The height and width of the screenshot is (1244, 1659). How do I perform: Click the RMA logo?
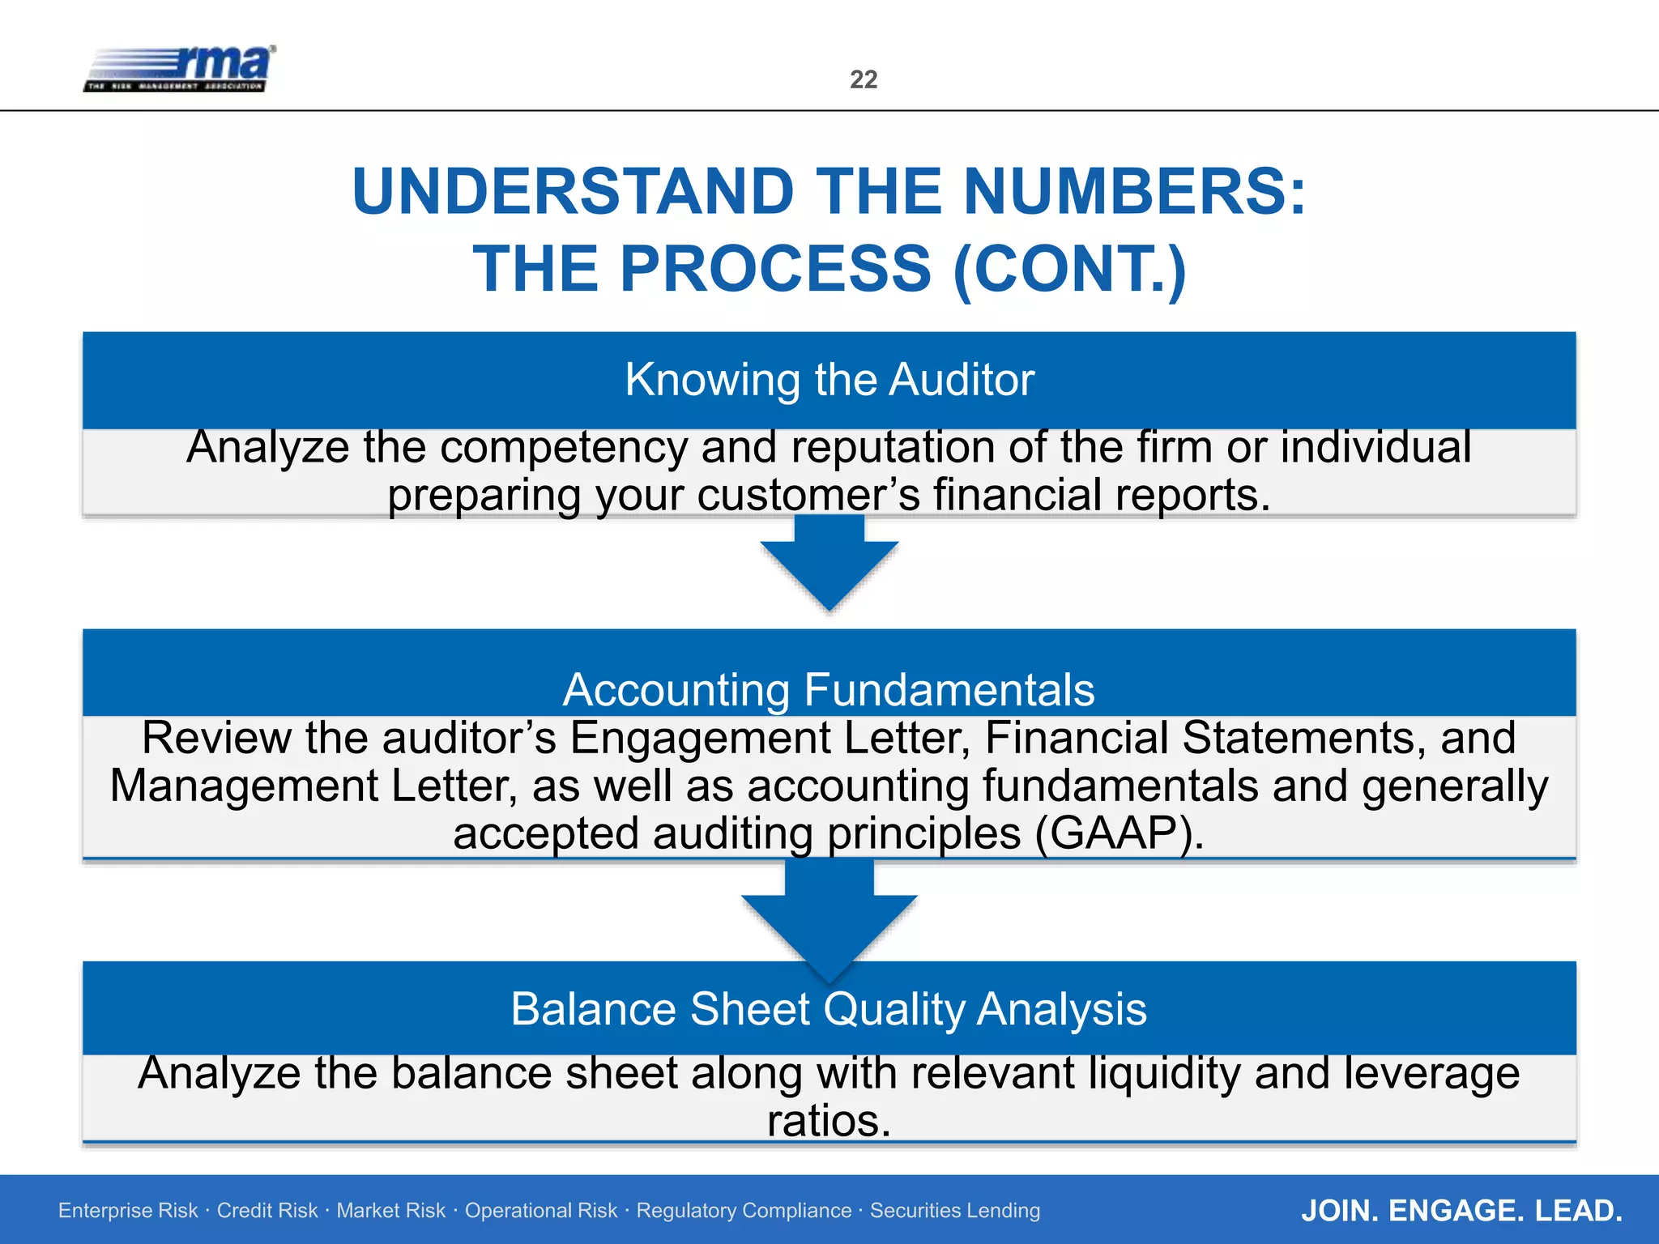180,69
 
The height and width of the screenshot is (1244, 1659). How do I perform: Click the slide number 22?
864,79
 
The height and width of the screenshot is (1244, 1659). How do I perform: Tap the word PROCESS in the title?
776,270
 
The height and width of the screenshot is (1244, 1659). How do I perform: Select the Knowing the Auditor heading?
829,379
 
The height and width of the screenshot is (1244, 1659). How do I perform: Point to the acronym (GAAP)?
1119,833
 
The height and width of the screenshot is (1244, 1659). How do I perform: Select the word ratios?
829,1122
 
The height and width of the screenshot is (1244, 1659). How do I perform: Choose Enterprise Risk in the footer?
128,1211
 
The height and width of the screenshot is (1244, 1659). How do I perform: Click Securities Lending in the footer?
955,1211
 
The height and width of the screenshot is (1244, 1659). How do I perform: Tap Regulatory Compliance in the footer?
744,1211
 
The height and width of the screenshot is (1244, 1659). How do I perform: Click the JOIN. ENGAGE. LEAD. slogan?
1461,1211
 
